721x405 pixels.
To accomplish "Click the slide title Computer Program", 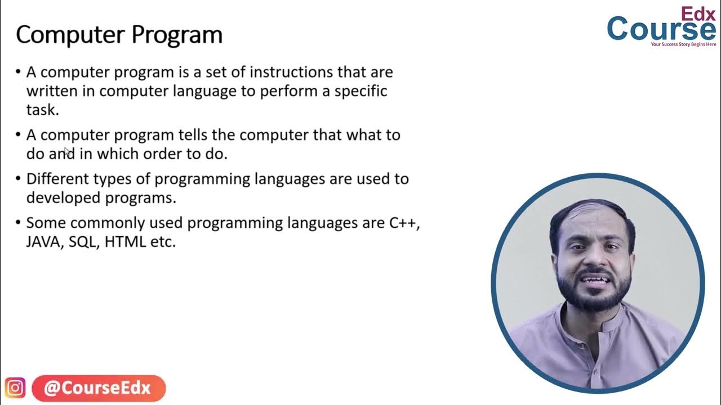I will [119, 35].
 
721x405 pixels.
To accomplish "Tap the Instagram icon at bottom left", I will [15, 388].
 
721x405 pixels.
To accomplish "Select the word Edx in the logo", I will [698, 13].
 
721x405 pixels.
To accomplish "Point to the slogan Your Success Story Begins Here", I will [683, 44].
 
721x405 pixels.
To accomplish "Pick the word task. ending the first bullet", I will [42, 110].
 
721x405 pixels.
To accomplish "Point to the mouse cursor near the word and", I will [67, 151].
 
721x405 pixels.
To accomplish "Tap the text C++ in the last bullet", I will [403, 223].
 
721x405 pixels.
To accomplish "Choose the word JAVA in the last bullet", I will [43, 242].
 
